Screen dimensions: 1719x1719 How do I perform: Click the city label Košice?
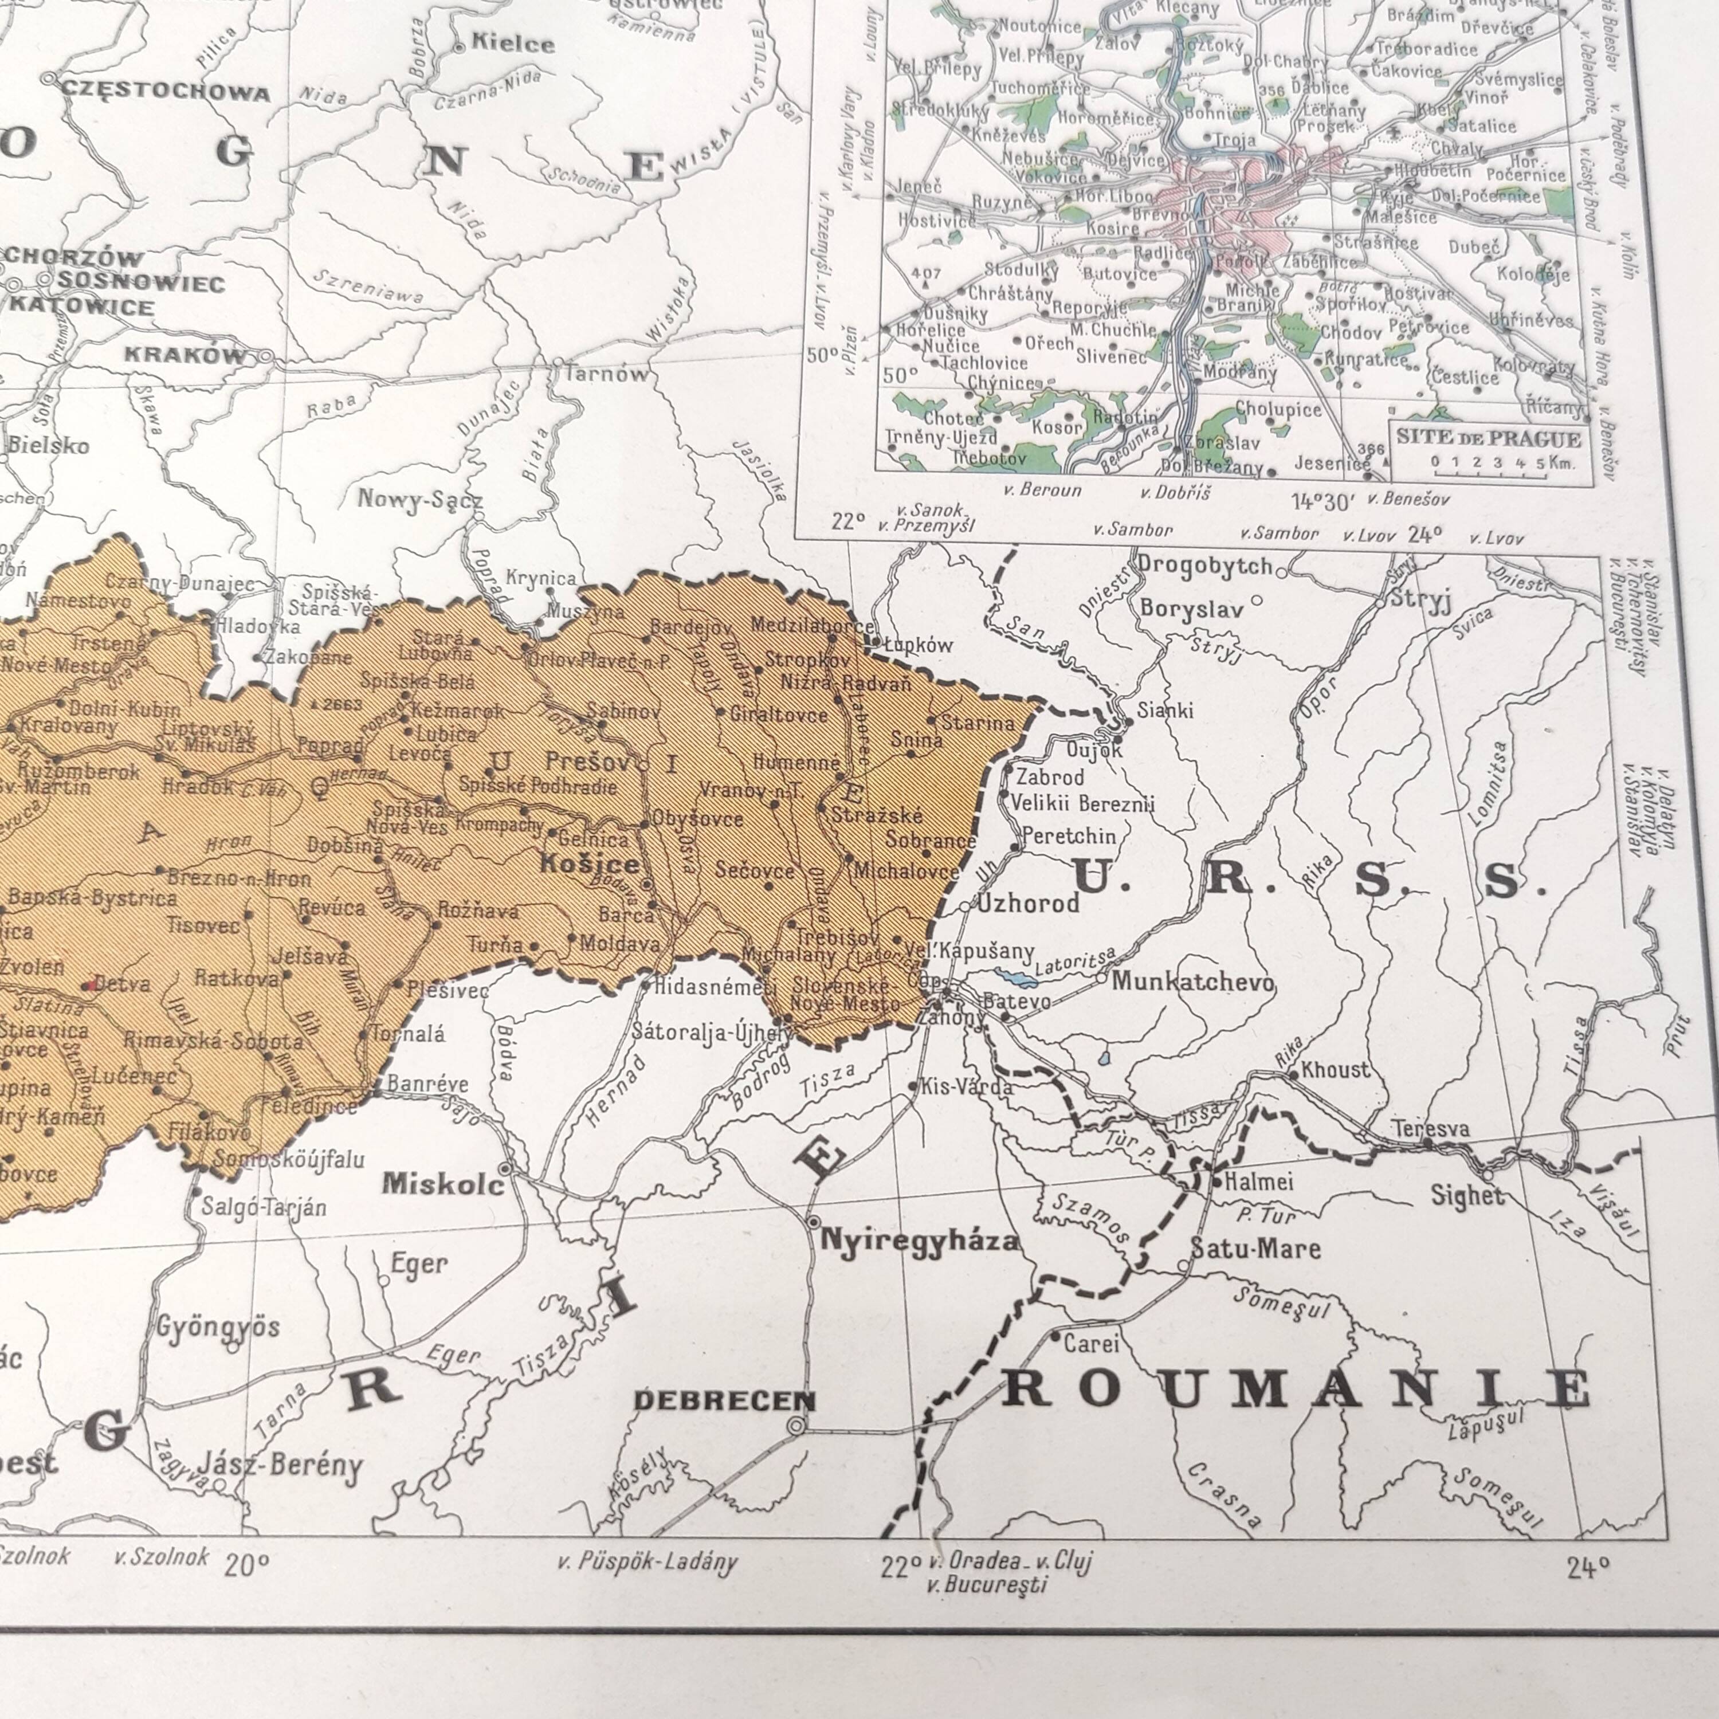point(591,864)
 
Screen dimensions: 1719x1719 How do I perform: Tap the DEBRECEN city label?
point(723,1400)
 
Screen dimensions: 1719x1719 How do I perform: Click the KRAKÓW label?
point(185,354)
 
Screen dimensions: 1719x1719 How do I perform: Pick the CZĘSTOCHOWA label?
point(166,92)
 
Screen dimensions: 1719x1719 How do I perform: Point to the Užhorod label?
point(1029,903)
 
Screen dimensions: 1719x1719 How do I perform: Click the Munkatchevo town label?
point(1192,982)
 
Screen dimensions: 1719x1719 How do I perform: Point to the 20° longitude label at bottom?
point(246,1565)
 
